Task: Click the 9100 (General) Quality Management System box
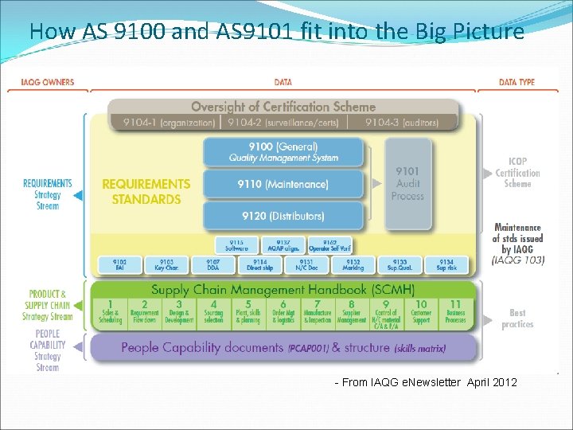click(283, 152)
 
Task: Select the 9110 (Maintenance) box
click(283, 184)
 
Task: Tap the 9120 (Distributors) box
click(283, 216)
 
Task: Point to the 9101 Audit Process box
click(407, 183)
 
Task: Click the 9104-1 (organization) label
click(169, 123)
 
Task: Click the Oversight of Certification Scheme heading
click(283, 107)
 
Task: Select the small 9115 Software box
click(236, 245)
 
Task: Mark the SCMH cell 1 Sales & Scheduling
click(111, 311)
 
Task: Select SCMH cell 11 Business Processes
click(455, 311)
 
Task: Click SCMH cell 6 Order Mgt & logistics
click(283, 311)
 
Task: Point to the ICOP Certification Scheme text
click(517, 173)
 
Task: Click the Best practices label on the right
click(517, 319)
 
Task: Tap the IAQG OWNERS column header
click(48, 82)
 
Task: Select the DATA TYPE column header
click(516, 82)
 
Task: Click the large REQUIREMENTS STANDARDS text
click(146, 191)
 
